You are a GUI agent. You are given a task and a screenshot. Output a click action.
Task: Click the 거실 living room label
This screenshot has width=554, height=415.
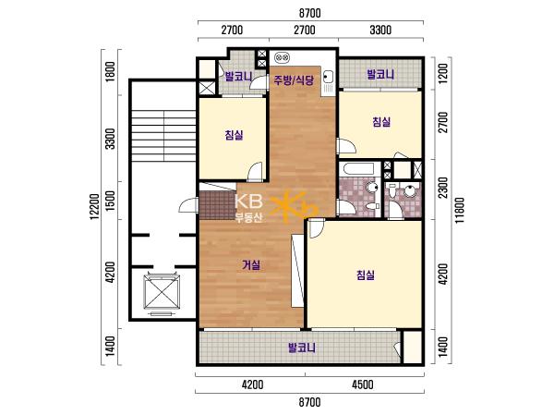click(x=251, y=265)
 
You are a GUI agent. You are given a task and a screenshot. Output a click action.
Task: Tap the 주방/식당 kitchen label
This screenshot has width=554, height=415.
click(x=294, y=80)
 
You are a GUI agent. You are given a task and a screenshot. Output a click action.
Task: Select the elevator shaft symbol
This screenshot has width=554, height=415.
click(x=162, y=293)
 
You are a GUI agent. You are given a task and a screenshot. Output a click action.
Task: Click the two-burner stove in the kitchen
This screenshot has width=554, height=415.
click(x=283, y=57)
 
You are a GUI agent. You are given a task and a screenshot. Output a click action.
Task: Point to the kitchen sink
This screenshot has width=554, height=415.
click(x=328, y=77)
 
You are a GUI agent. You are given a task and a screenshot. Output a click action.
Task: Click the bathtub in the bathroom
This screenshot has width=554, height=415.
click(x=360, y=169)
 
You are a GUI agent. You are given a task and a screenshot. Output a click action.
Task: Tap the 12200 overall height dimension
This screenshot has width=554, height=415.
click(x=94, y=207)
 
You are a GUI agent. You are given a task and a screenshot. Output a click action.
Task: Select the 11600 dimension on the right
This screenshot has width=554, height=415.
click(x=460, y=210)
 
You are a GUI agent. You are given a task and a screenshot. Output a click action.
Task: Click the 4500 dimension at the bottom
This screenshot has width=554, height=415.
click(x=363, y=384)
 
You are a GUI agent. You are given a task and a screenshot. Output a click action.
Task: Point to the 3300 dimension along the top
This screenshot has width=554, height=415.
click(x=380, y=30)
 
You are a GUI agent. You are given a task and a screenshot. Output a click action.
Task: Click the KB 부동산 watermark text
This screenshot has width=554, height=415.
click(x=249, y=208)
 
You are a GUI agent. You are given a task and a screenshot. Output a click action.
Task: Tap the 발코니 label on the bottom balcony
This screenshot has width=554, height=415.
click(x=302, y=348)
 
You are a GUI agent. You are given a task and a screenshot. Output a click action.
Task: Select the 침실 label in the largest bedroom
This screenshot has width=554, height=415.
click(x=366, y=275)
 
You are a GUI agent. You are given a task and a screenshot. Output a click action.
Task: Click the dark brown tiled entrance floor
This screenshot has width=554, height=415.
click(x=218, y=205)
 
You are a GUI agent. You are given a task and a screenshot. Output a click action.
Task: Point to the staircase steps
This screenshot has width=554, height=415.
click(x=163, y=136)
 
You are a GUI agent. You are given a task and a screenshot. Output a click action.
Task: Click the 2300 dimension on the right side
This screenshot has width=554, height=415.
click(x=443, y=188)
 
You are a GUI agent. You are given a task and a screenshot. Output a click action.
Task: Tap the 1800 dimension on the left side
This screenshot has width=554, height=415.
click(x=110, y=72)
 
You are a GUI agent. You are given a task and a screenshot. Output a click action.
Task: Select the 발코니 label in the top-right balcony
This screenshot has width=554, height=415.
click(x=380, y=75)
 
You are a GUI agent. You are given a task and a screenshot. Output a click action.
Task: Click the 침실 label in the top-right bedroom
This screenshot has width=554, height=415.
click(x=381, y=122)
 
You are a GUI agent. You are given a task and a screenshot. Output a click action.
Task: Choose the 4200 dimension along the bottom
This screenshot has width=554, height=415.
click(x=253, y=384)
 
